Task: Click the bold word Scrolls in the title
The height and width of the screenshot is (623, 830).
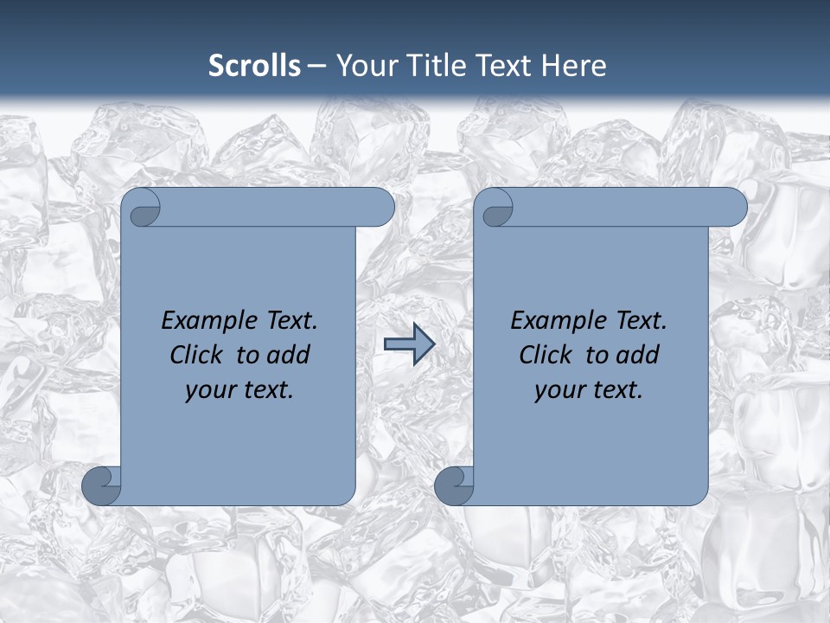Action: coord(254,66)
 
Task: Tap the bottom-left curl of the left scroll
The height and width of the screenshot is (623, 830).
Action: coord(100,485)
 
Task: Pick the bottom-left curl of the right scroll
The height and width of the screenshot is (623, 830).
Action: coord(453,485)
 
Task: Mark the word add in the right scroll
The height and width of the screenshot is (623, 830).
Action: coord(639,355)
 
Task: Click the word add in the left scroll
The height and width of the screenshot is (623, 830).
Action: coord(290,355)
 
